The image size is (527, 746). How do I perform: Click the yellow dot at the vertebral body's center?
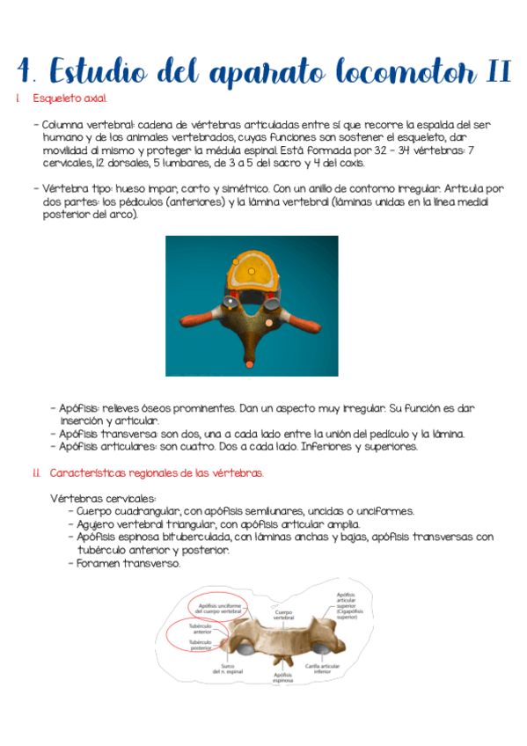(252, 271)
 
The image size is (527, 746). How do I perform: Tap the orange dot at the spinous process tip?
(250, 363)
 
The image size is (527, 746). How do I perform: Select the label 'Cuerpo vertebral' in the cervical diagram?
(282, 615)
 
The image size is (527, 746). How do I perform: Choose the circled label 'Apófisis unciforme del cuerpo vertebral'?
(217, 607)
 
